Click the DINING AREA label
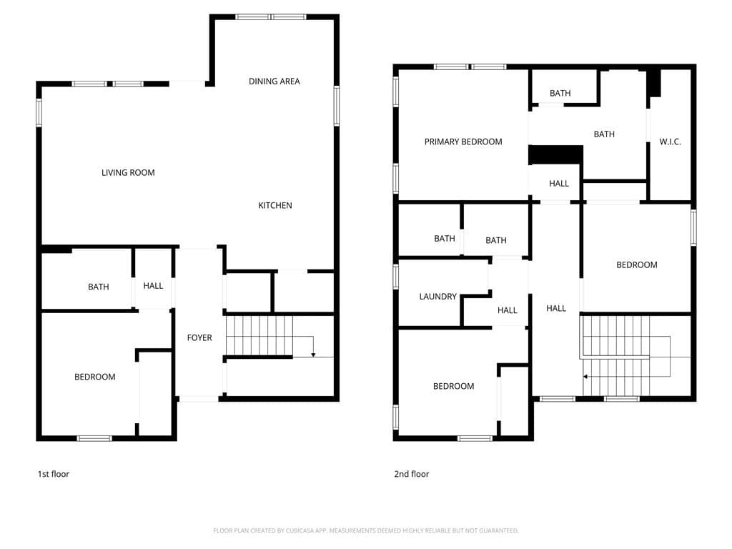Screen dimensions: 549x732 (x=274, y=81)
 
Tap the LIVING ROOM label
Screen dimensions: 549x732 (x=128, y=172)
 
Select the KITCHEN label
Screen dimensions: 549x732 (x=275, y=206)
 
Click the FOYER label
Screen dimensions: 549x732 (x=199, y=337)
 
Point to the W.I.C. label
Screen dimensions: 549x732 (x=670, y=142)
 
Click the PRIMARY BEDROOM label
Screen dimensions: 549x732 (x=463, y=142)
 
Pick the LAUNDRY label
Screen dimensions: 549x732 (x=437, y=297)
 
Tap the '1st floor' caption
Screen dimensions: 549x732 (x=54, y=474)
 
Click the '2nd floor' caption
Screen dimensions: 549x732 (x=412, y=474)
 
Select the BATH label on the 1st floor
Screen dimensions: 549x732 (x=99, y=287)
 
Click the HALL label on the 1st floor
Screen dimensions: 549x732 (x=153, y=286)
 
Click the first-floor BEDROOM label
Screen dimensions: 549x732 (x=94, y=377)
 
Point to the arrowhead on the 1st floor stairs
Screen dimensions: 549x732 (x=313, y=355)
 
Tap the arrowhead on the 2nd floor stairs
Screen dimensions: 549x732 (x=585, y=376)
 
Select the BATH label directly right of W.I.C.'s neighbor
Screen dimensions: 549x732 (x=604, y=134)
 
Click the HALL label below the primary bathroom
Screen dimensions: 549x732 (x=559, y=184)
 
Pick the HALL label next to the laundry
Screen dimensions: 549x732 (x=508, y=310)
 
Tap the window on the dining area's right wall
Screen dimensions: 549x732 (x=336, y=107)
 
